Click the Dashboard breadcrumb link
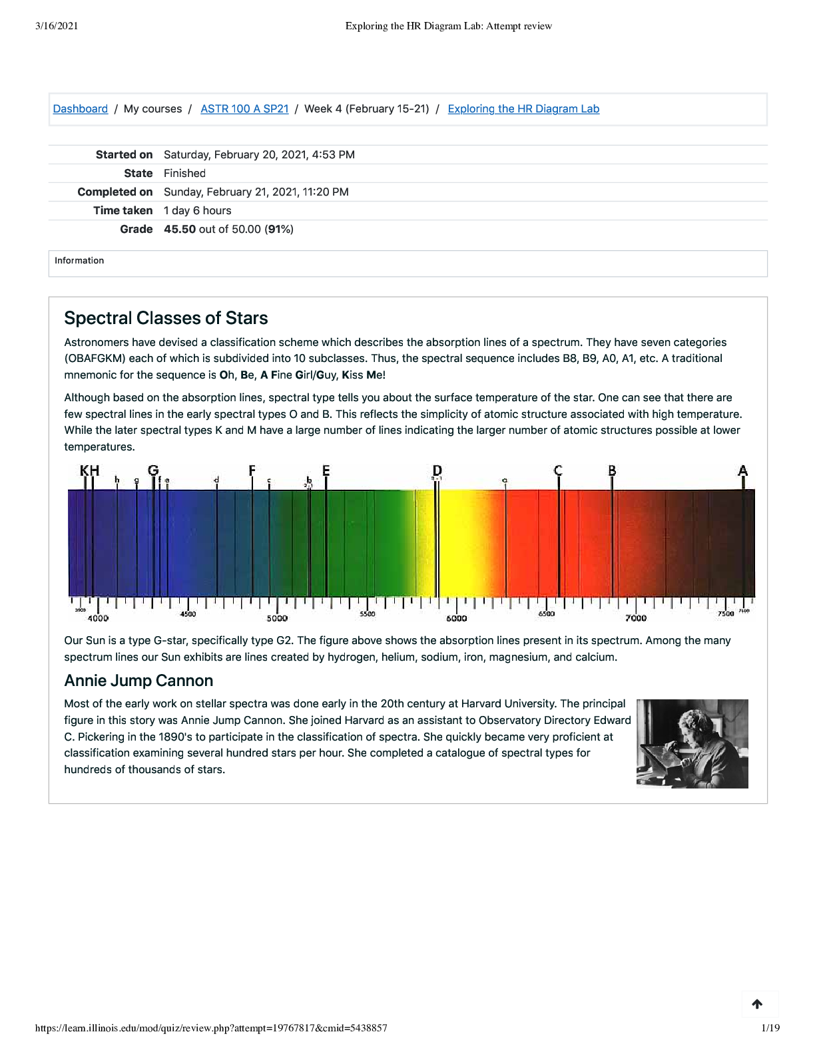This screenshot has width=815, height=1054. point(80,109)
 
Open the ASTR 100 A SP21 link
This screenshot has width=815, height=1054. point(244,109)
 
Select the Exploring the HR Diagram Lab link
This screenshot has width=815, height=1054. point(523,109)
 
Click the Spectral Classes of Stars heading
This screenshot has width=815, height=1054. point(166,318)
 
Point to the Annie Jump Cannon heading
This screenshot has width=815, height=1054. point(138,681)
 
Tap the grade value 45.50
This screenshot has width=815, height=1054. point(180,230)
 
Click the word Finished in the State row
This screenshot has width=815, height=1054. point(184,174)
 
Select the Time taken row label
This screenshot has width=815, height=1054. point(123,211)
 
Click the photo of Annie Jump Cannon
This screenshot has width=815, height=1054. point(692,743)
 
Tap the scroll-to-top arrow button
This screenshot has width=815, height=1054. point(757,1004)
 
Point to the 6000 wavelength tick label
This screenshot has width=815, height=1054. point(456,619)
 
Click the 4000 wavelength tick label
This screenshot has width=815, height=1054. point(98,619)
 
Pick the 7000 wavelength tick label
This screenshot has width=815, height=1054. point(635,619)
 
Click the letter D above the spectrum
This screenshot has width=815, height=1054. point(437,470)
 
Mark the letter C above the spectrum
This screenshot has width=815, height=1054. point(558,470)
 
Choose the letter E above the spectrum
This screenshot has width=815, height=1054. point(326,470)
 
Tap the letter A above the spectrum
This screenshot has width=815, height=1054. point(742,470)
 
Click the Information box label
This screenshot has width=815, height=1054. point(79,261)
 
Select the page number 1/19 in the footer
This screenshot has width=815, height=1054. point(770,1028)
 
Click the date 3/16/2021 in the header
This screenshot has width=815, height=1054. point(57,26)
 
